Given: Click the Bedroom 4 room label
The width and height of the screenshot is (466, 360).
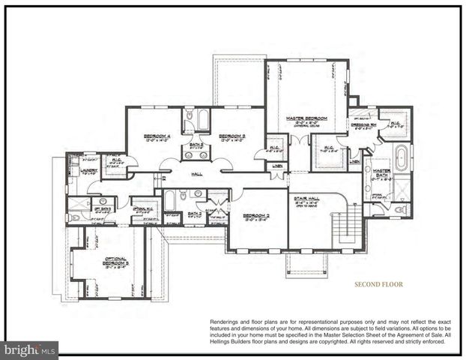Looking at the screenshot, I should (158, 136).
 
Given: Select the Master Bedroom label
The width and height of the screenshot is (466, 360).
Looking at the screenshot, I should (306, 118).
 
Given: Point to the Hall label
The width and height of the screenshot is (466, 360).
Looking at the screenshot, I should (197, 173).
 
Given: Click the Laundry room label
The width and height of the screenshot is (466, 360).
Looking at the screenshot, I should (88, 169).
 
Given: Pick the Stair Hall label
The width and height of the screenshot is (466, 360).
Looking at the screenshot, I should (309, 199).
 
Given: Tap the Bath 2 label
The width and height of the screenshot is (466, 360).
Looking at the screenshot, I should (194, 214).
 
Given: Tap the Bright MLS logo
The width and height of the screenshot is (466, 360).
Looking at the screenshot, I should (30, 349).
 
